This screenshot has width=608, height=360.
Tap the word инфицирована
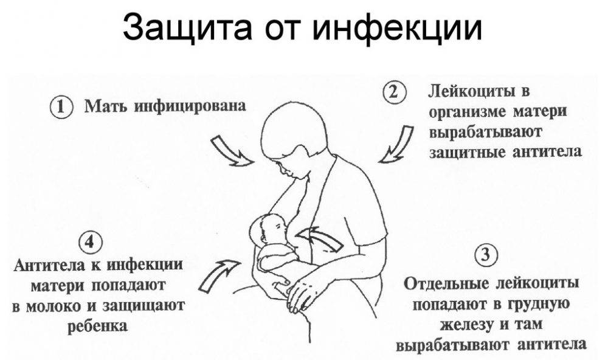point(190,106)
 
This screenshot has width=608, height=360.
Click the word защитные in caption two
point(467,152)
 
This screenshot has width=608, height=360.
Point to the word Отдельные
point(446,284)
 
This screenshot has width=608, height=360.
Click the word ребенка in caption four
point(98,325)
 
